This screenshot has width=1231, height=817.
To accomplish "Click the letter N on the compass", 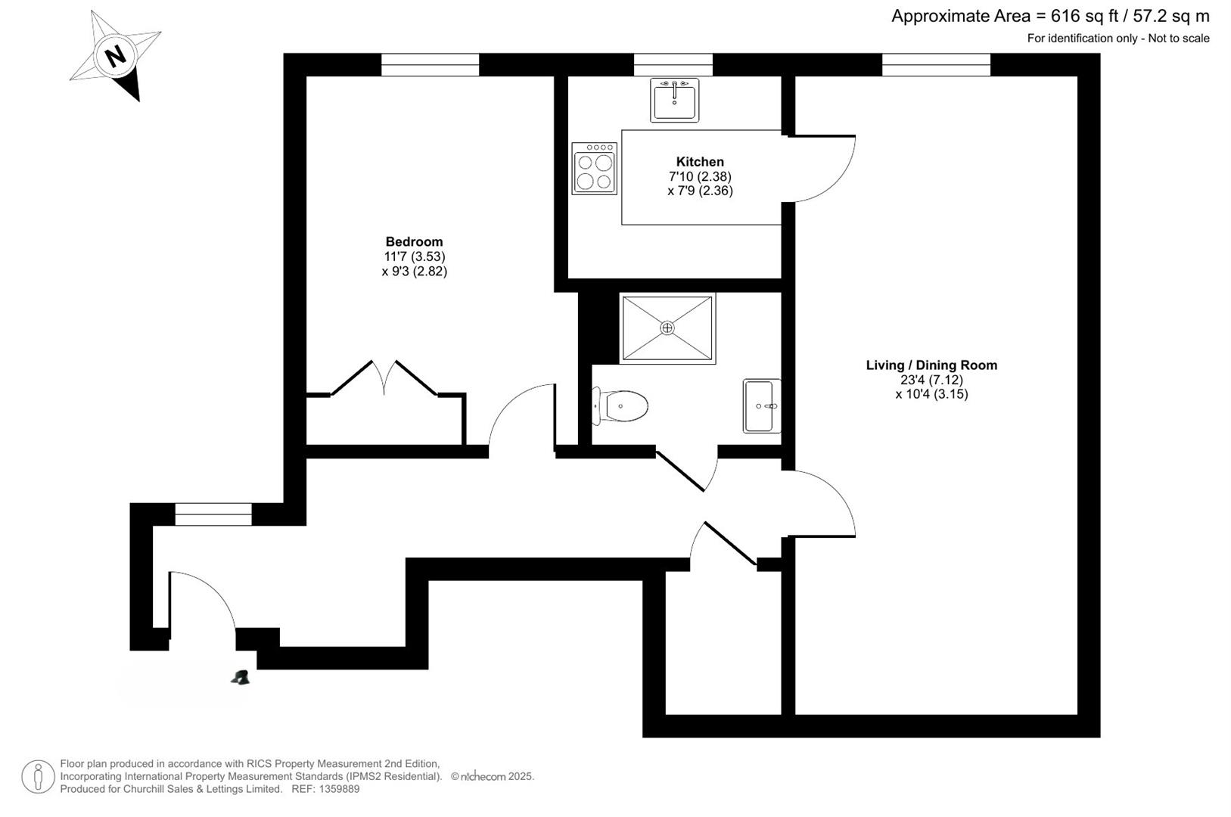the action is tap(116, 56).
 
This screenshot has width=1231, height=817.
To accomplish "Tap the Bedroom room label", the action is tap(414, 242).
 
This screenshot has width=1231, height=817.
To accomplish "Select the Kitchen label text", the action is tap(700, 162).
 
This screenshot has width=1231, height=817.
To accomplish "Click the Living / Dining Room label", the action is tap(931, 365).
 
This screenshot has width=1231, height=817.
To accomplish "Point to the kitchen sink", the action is tap(674, 100).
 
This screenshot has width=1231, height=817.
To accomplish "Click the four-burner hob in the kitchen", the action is tap(594, 169).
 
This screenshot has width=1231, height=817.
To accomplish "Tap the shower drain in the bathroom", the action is tap(667, 328).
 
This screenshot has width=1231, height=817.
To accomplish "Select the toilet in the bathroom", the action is tap(620, 406).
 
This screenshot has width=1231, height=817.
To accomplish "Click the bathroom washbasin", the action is tap(762, 406).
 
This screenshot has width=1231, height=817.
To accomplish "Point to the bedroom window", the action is tap(431, 65).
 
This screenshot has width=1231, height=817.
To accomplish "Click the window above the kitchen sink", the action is tap(673, 65).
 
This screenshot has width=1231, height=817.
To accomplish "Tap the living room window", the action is tap(937, 65).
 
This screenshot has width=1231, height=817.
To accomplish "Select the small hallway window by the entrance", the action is tap(213, 514).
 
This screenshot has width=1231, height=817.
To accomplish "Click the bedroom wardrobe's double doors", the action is tap(384, 378).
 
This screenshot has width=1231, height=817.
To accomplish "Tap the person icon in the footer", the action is tap(38, 777).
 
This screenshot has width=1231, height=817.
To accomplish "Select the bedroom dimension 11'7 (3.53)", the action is tap(415, 256).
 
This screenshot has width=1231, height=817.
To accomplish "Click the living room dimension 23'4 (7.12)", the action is tap(931, 380).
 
